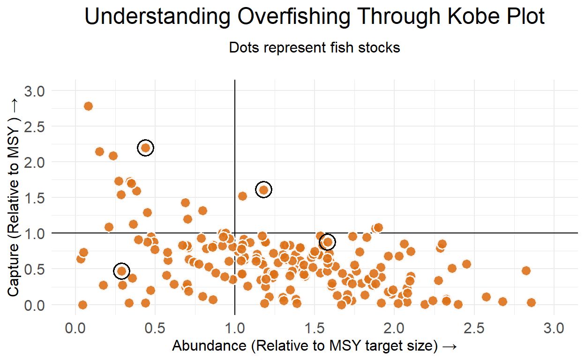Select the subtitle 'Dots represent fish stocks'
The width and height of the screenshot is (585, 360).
point(315,47)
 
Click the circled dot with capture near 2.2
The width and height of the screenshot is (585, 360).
point(146,148)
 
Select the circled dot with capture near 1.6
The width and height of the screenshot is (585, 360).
point(264,189)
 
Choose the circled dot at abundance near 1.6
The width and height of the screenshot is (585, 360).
point(328,242)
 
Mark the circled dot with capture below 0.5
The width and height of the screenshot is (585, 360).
point(121,270)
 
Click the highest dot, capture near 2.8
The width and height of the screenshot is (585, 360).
point(88,106)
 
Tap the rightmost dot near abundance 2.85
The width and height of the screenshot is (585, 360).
point(531,302)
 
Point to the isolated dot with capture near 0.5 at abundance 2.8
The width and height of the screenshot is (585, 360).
point(526,270)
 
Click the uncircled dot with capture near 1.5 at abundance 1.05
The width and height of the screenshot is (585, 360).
point(242,196)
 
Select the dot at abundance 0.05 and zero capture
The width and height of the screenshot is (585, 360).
point(82,305)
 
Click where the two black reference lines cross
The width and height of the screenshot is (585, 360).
point(234,233)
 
